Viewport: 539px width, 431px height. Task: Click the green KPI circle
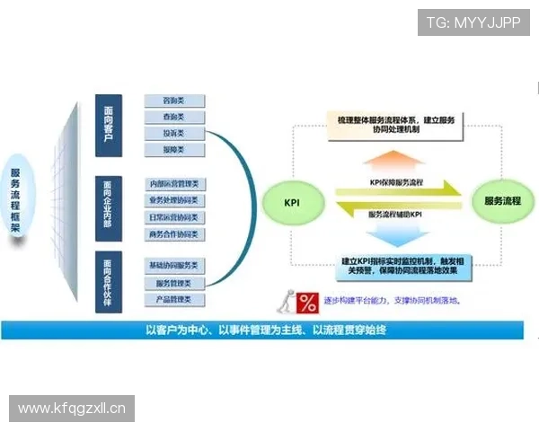point(291,201)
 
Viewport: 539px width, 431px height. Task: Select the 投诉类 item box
point(176,134)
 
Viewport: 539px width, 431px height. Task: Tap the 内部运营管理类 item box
point(176,184)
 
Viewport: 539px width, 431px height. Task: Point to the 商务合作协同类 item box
point(176,234)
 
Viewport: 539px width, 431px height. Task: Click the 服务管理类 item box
point(176,283)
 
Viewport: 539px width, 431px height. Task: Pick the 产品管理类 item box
point(176,299)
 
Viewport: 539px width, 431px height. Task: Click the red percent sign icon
point(308,301)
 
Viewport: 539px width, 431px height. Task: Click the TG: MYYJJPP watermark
point(473,22)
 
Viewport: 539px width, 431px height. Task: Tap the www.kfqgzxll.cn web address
point(72,409)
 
